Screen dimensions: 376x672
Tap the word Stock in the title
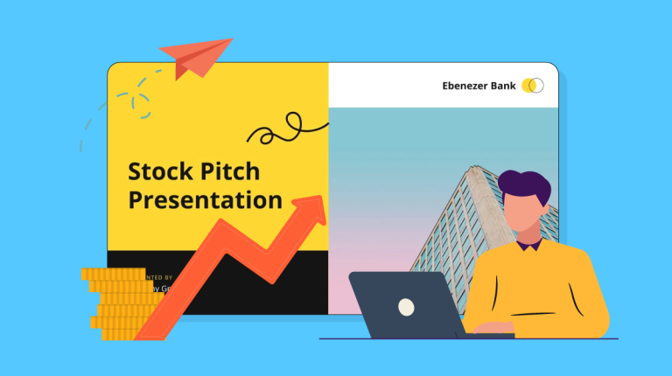[x=158, y=171]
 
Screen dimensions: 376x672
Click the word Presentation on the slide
[x=205, y=200]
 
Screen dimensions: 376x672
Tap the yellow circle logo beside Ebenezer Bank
[x=529, y=86]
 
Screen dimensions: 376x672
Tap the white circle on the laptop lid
[x=406, y=307]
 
